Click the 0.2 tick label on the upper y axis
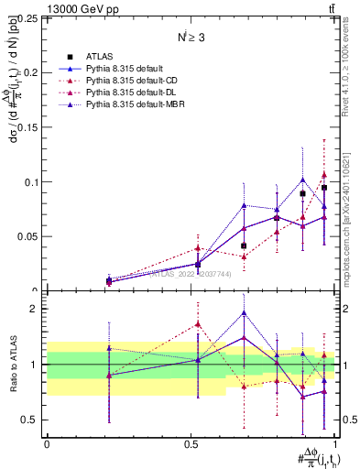[32, 72]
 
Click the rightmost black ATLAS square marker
[324, 188]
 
